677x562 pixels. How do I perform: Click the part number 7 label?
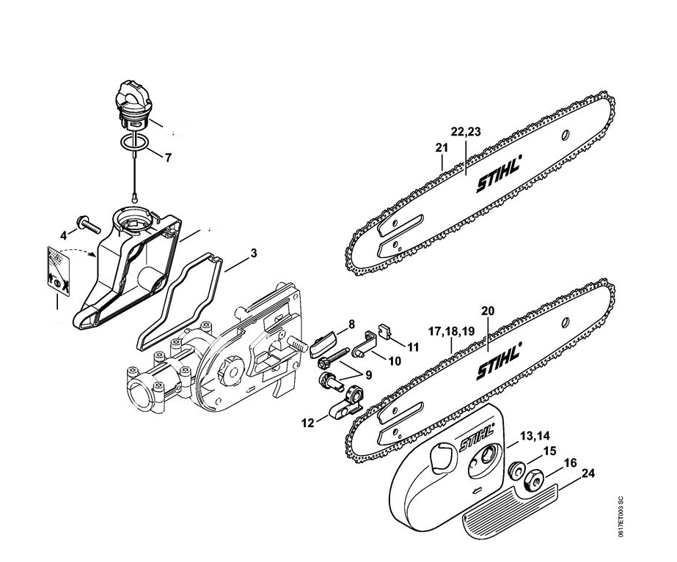click(x=169, y=157)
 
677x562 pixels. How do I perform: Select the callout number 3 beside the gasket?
click(x=253, y=254)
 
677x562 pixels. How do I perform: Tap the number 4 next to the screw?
click(x=63, y=235)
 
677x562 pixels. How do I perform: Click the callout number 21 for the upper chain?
click(x=441, y=148)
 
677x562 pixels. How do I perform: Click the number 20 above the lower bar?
click(x=488, y=311)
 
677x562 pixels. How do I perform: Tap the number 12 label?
click(x=307, y=423)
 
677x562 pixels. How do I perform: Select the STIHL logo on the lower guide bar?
click(x=500, y=361)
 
